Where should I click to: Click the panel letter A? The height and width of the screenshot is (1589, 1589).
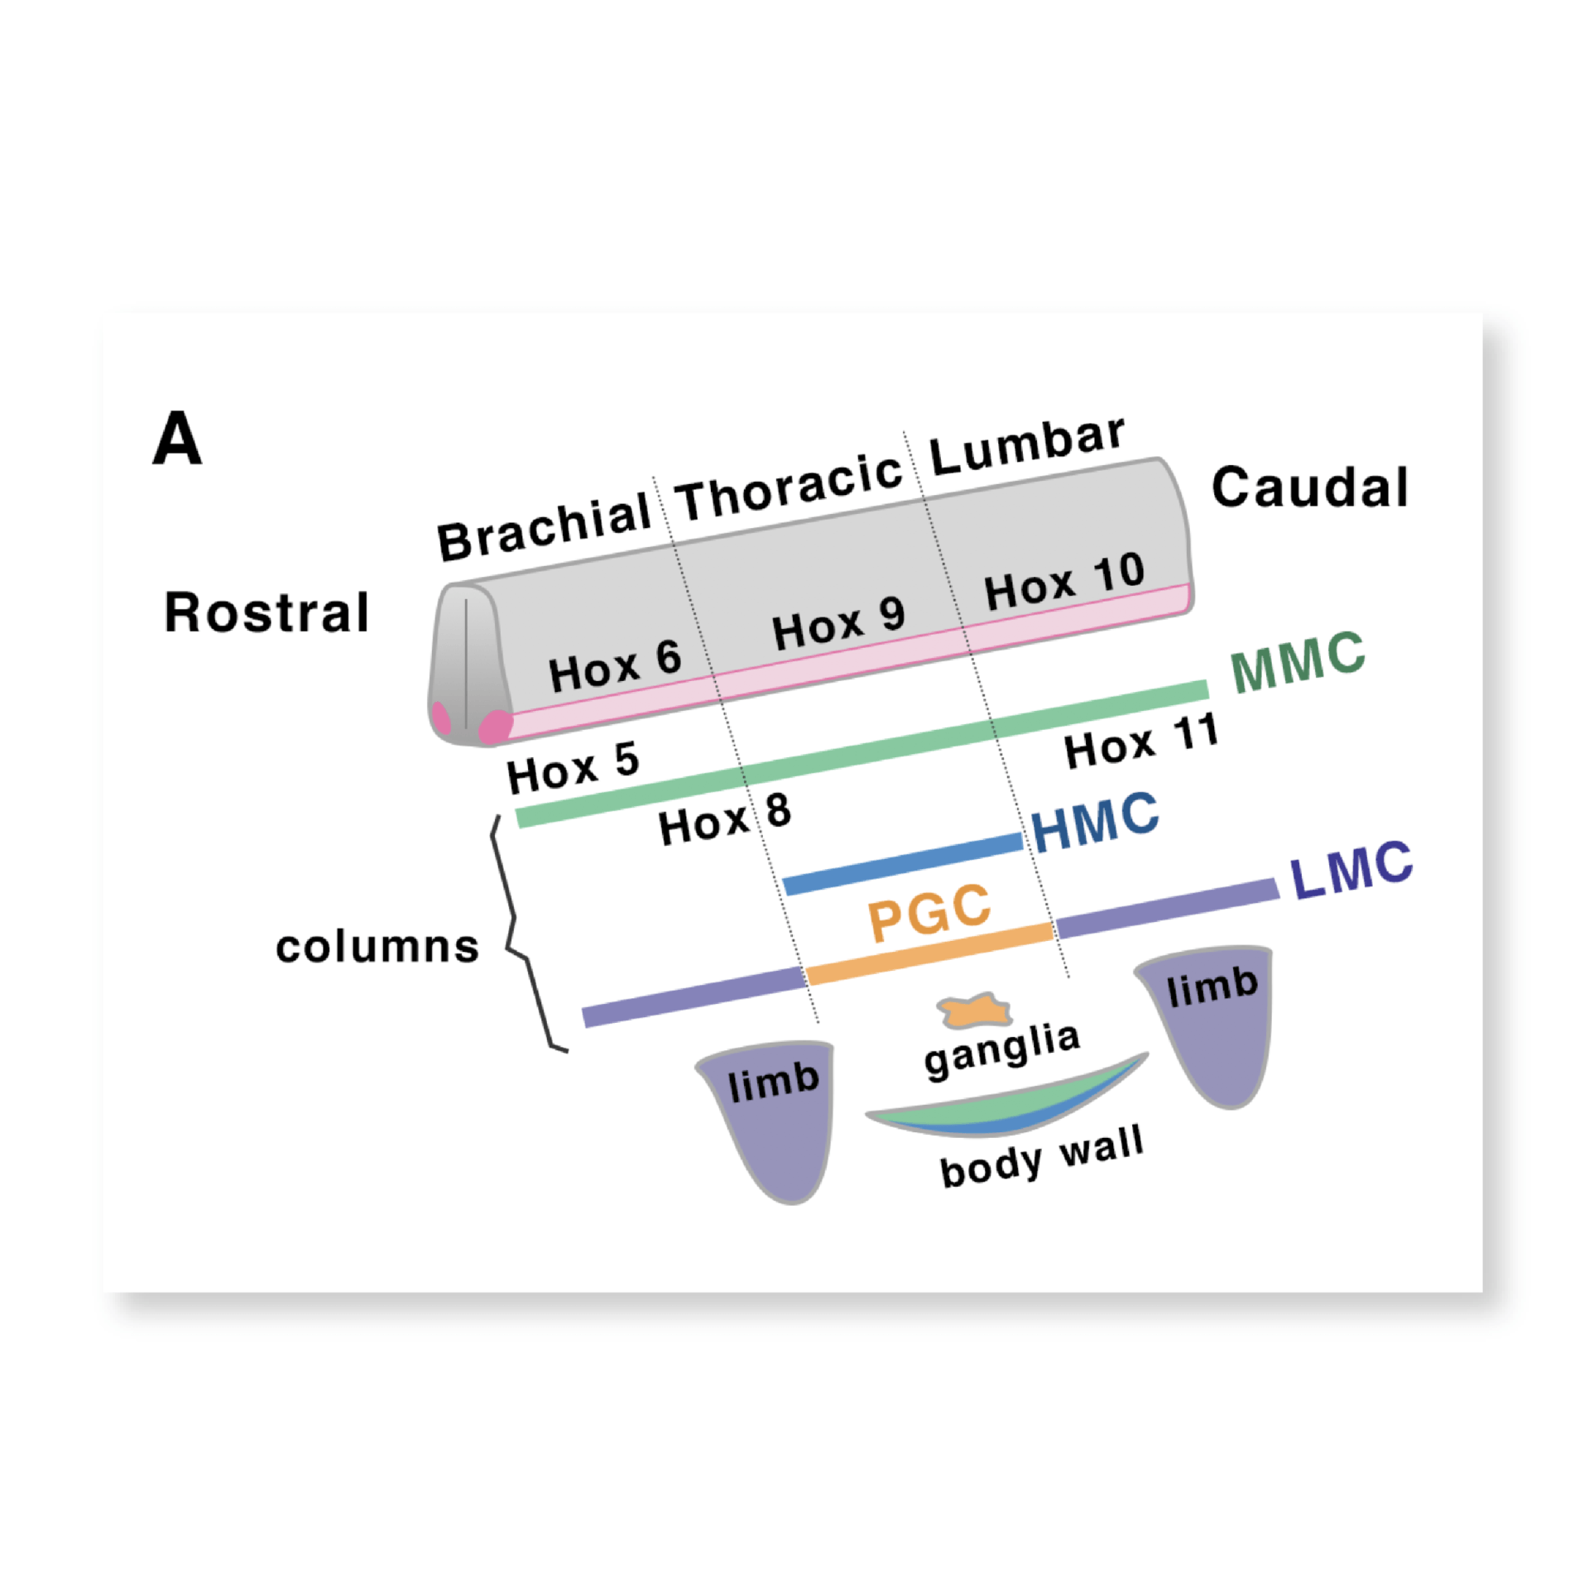click(x=177, y=439)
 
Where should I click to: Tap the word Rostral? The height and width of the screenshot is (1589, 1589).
click(x=266, y=613)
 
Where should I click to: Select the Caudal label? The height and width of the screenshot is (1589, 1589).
click(x=1309, y=487)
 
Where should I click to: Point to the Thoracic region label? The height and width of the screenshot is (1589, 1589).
click(x=789, y=487)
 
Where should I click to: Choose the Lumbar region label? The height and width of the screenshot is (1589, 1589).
click(x=1027, y=447)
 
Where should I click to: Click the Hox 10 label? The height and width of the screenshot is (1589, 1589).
click(x=1064, y=582)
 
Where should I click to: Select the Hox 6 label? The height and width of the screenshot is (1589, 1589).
click(x=615, y=666)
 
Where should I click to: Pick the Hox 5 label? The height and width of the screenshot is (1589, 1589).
click(x=573, y=767)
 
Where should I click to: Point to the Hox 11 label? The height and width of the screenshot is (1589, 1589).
click(x=1141, y=742)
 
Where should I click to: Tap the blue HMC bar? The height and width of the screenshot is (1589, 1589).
click(x=903, y=864)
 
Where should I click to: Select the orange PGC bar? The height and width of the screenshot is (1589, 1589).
click(x=929, y=954)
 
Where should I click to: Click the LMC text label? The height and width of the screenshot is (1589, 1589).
click(x=1351, y=870)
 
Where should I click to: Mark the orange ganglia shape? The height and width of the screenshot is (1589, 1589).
click(x=975, y=1011)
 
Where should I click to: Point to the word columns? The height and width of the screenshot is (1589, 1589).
click(x=377, y=947)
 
